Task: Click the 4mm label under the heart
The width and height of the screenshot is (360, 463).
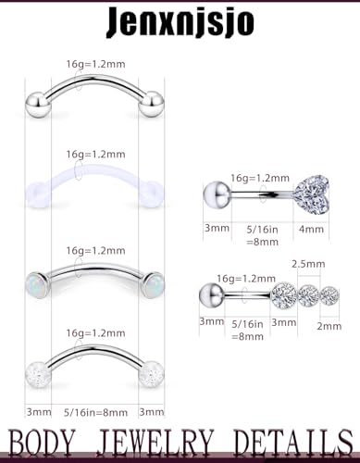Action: (307, 224)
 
